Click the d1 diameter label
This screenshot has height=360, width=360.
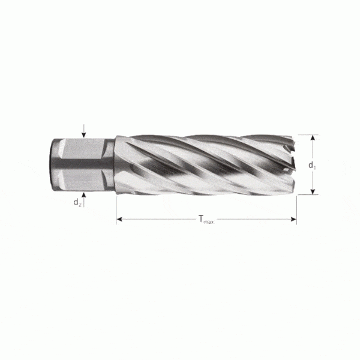click(x=311, y=165)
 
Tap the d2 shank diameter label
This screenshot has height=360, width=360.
click(x=77, y=202)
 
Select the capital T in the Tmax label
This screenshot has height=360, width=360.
click(x=200, y=220)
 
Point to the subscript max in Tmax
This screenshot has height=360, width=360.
click(x=208, y=221)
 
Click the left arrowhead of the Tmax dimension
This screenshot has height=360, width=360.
click(x=119, y=220)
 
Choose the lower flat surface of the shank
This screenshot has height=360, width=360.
click(x=81, y=178)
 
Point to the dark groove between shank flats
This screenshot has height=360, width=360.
click(x=81, y=164)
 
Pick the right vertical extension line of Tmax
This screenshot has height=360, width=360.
click(x=296, y=207)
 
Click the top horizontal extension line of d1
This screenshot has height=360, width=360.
click(x=306, y=135)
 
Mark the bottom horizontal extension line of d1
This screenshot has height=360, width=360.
click(x=306, y=194)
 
